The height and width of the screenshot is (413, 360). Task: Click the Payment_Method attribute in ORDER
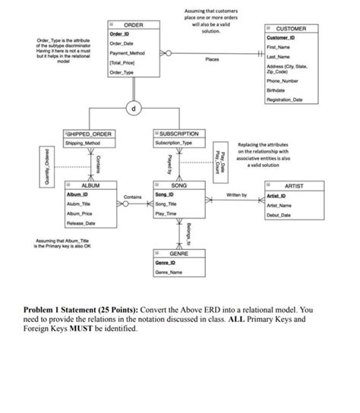(125, 53)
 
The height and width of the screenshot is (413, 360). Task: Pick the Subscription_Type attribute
(176, 144)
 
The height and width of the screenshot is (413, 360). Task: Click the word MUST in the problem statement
(96, 331)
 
